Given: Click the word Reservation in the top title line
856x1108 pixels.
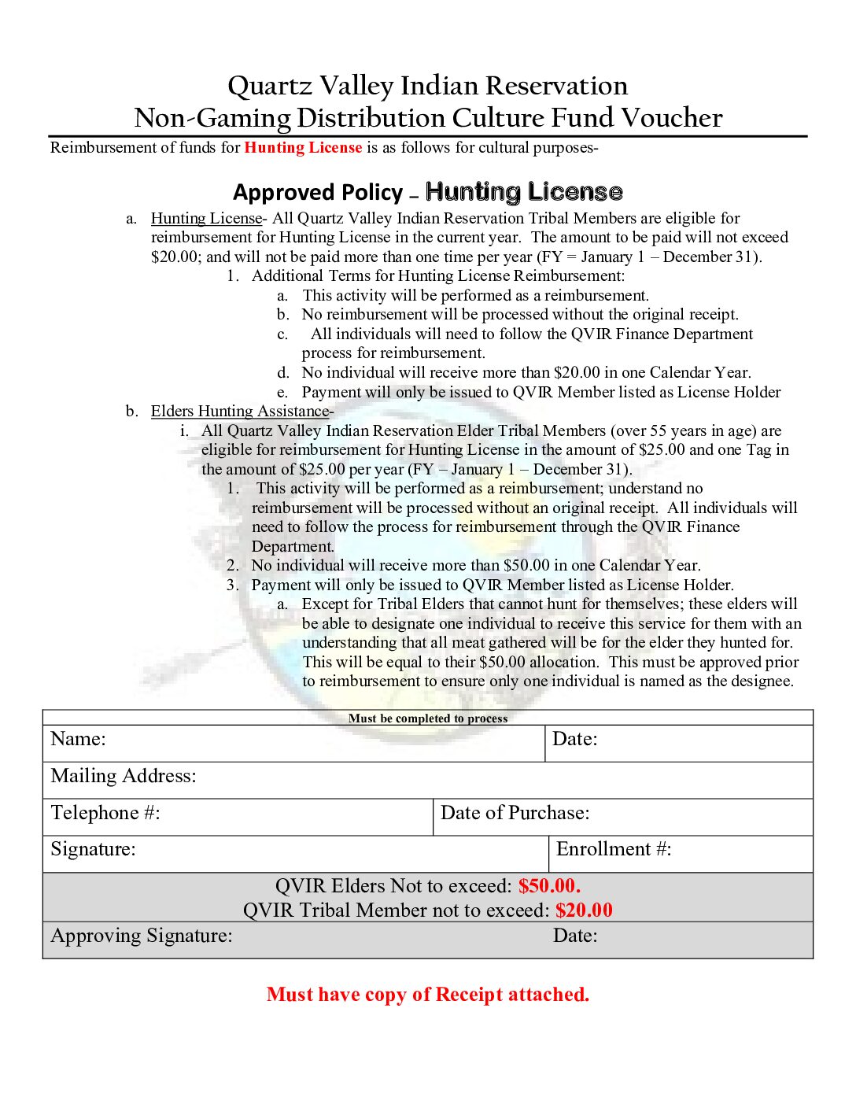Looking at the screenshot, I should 556,86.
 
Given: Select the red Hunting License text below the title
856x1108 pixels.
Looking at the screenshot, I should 303,147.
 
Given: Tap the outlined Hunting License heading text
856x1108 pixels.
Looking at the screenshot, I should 524,192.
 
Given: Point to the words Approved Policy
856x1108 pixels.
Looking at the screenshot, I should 318,193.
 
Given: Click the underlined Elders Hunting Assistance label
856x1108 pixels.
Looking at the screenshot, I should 240,411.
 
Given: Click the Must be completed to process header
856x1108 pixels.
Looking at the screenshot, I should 428,718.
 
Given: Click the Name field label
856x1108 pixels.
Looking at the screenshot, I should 78,739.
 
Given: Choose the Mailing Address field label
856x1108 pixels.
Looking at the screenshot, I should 124,776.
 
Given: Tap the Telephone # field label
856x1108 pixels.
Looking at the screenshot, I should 105,813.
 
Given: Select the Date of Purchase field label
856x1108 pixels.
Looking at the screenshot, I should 515,813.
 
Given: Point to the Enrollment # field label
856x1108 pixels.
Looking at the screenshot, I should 614,849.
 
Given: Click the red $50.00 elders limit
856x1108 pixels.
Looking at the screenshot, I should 549,886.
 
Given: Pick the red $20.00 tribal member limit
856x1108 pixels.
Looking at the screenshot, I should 584,910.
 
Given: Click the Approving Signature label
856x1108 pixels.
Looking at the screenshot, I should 142,936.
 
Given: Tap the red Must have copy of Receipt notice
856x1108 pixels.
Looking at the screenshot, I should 428,995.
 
